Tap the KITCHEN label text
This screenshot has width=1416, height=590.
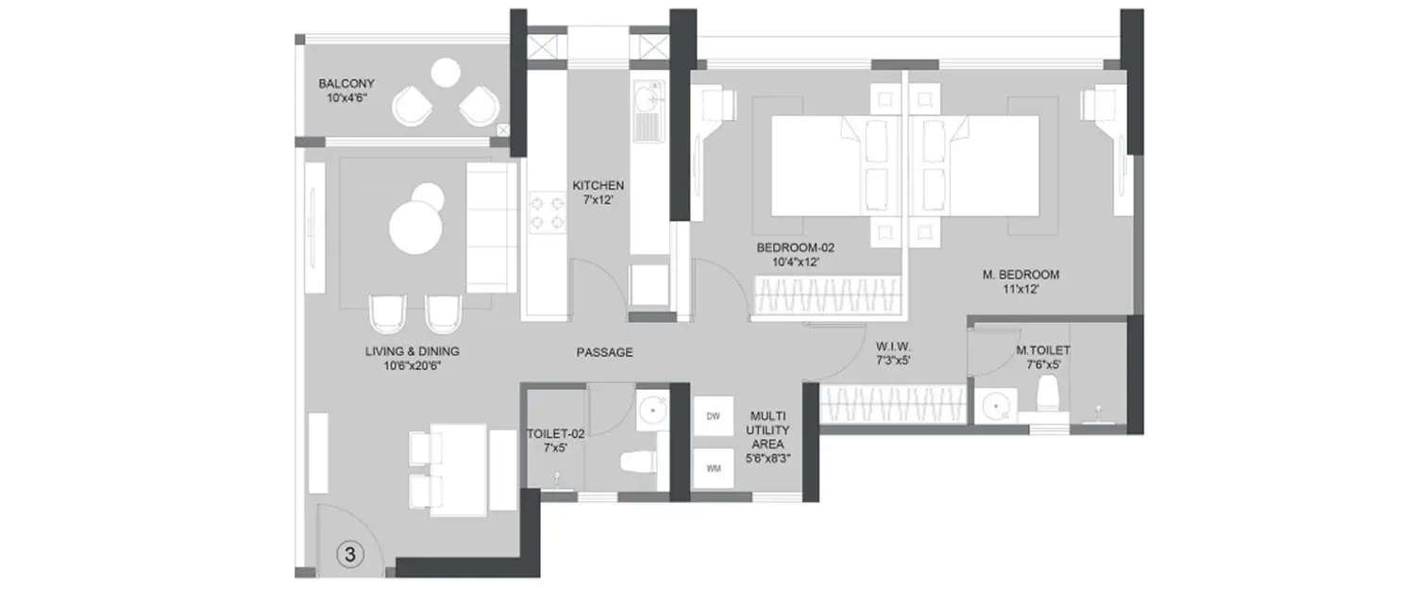coord(598,185)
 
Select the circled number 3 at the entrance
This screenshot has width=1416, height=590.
coord(349,555)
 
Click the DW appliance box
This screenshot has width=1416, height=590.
coord(713,416)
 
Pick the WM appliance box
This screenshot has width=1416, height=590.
coord(713,467)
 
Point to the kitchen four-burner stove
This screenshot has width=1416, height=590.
coord(546,211)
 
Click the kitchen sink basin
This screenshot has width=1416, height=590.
coord(648,96)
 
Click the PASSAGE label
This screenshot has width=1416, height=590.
coord(604,352)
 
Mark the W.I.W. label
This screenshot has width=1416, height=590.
coord(891,345)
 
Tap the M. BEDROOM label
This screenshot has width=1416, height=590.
coord(1020,275)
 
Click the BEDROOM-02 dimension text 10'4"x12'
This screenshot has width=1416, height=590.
coord(796,262)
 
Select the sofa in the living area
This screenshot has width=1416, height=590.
coord(491,228)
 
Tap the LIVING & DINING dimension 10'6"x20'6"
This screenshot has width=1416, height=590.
coord(412,366)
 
